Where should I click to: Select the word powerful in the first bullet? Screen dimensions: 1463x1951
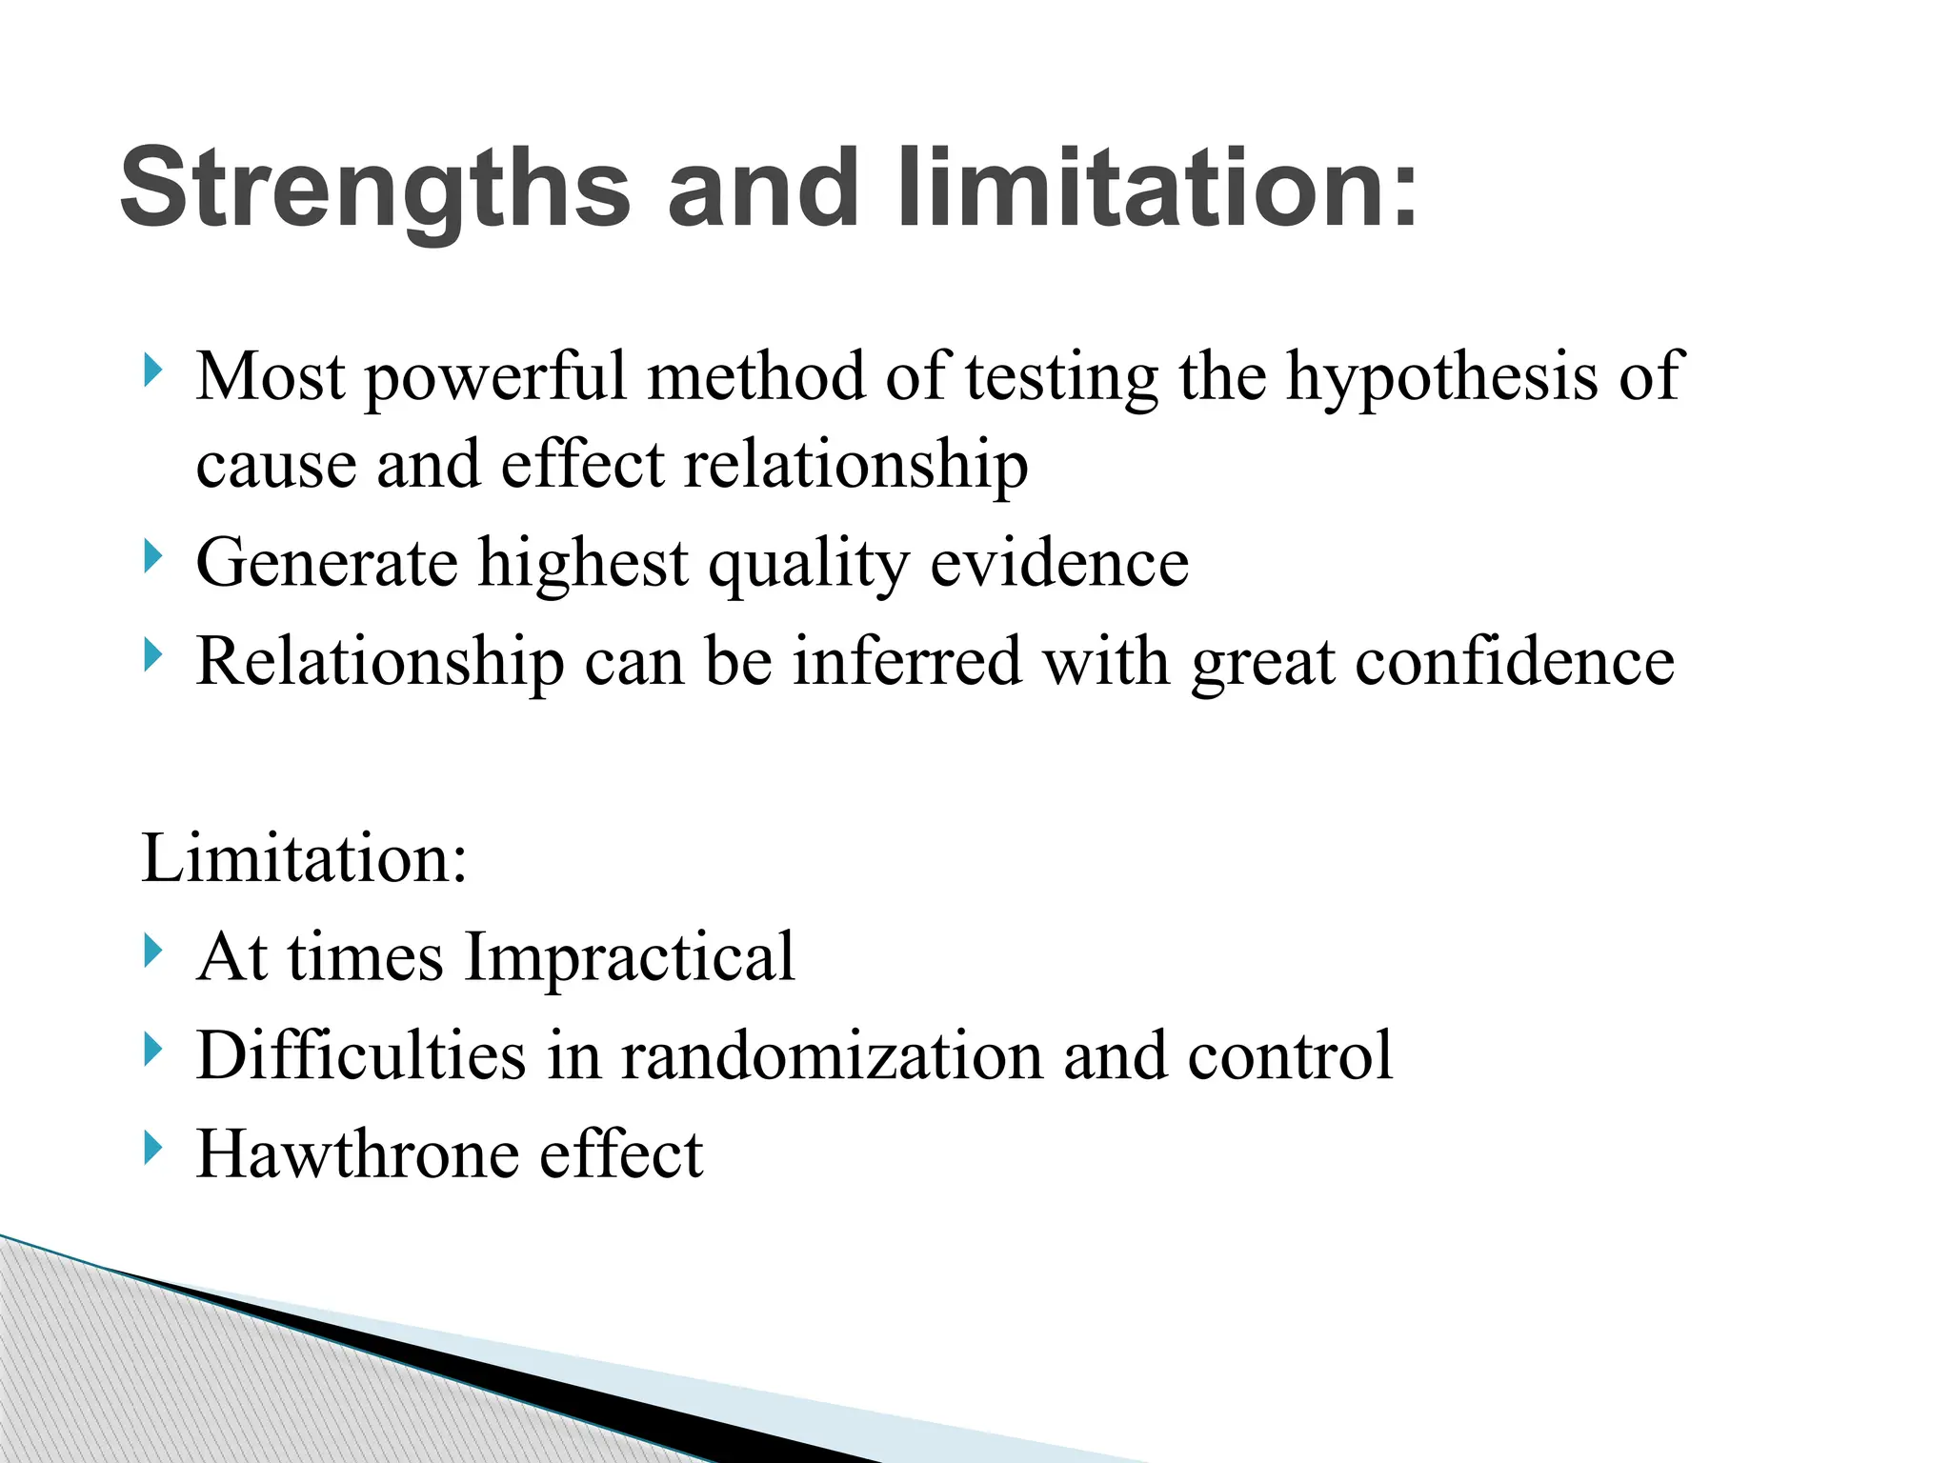coord(494,378)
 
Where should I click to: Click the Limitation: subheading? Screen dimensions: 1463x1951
coord(304,858)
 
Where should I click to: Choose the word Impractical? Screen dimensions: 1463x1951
coord(630,957)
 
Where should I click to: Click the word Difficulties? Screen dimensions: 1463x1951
coord(361,1055)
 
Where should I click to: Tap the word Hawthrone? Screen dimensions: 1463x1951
coord(357,1153)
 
